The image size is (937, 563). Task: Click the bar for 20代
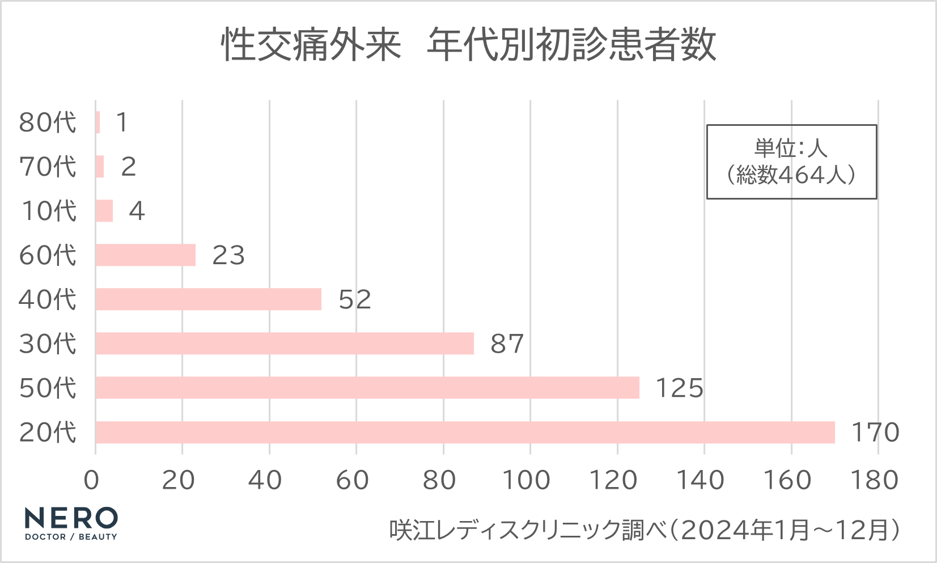(x=465, y=432)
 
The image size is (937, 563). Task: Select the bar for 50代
(x=367, y=388)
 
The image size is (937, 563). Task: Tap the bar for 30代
(x=285, y=344)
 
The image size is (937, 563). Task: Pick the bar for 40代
(x=209, y=299)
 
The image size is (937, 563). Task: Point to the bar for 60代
(x=146, y=255)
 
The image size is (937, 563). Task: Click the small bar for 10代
(x=104, y=211)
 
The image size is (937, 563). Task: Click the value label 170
(x=875, y=433)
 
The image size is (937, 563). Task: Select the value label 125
(x=679, y=388)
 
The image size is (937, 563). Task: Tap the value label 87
(x=507, y=344)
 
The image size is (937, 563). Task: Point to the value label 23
(x=228, y=256)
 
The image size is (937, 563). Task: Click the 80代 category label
(x=48, y=122)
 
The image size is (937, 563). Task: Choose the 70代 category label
(x=48, y=167)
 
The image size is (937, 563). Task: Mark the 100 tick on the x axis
(x=527, y=481)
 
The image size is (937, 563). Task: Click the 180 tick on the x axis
(x=875, y=481)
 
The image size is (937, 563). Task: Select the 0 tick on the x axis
(x=91, y=481)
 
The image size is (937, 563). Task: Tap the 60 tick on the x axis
(x=352, y=481)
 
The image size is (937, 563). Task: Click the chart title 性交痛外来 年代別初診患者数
(x=468, y=45)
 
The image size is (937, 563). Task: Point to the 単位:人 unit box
(x=791, y=162)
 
